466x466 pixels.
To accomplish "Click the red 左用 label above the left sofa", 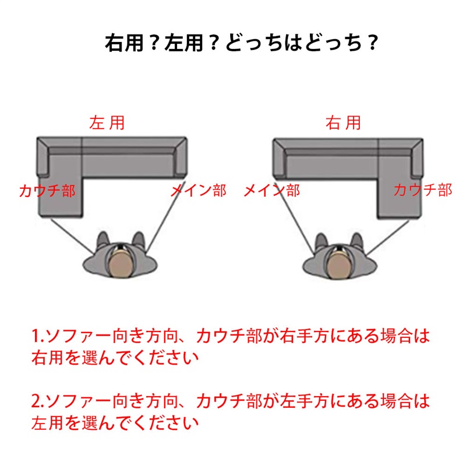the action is click(107, 123).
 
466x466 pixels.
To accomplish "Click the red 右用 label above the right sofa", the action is click(343, 123).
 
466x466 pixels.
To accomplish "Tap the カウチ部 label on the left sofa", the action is click(48, 190).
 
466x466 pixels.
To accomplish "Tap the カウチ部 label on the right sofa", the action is click(423, 190).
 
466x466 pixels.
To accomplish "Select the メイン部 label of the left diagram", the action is click(199, 190).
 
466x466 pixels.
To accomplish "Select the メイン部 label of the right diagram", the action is click(271, 190).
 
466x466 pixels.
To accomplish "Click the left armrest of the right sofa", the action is click(280, 158).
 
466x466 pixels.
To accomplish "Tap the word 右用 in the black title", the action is click(124, 43).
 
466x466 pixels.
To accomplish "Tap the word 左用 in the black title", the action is click(183, 43).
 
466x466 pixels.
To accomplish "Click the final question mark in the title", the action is click(372, 43).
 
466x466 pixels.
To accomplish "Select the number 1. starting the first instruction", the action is click(38, 336).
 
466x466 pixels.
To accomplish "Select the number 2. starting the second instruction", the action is click(38, 401).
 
